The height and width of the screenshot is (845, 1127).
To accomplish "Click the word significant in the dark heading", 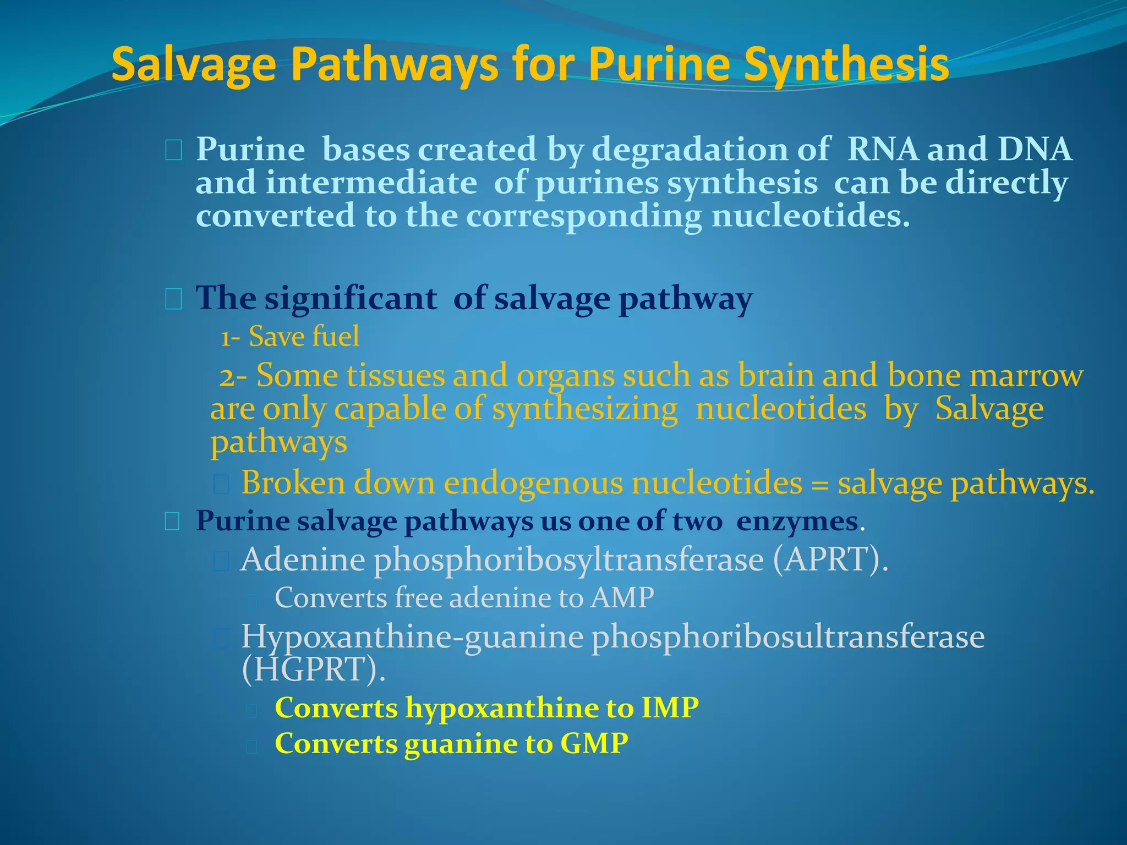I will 351,299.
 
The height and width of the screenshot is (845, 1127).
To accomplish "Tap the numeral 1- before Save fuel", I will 230,337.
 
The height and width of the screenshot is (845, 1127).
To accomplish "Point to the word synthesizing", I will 584,410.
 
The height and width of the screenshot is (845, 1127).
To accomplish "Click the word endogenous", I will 533,484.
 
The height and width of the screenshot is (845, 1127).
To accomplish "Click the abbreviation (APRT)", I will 830,559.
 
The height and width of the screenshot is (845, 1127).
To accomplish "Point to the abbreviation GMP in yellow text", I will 594,744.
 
